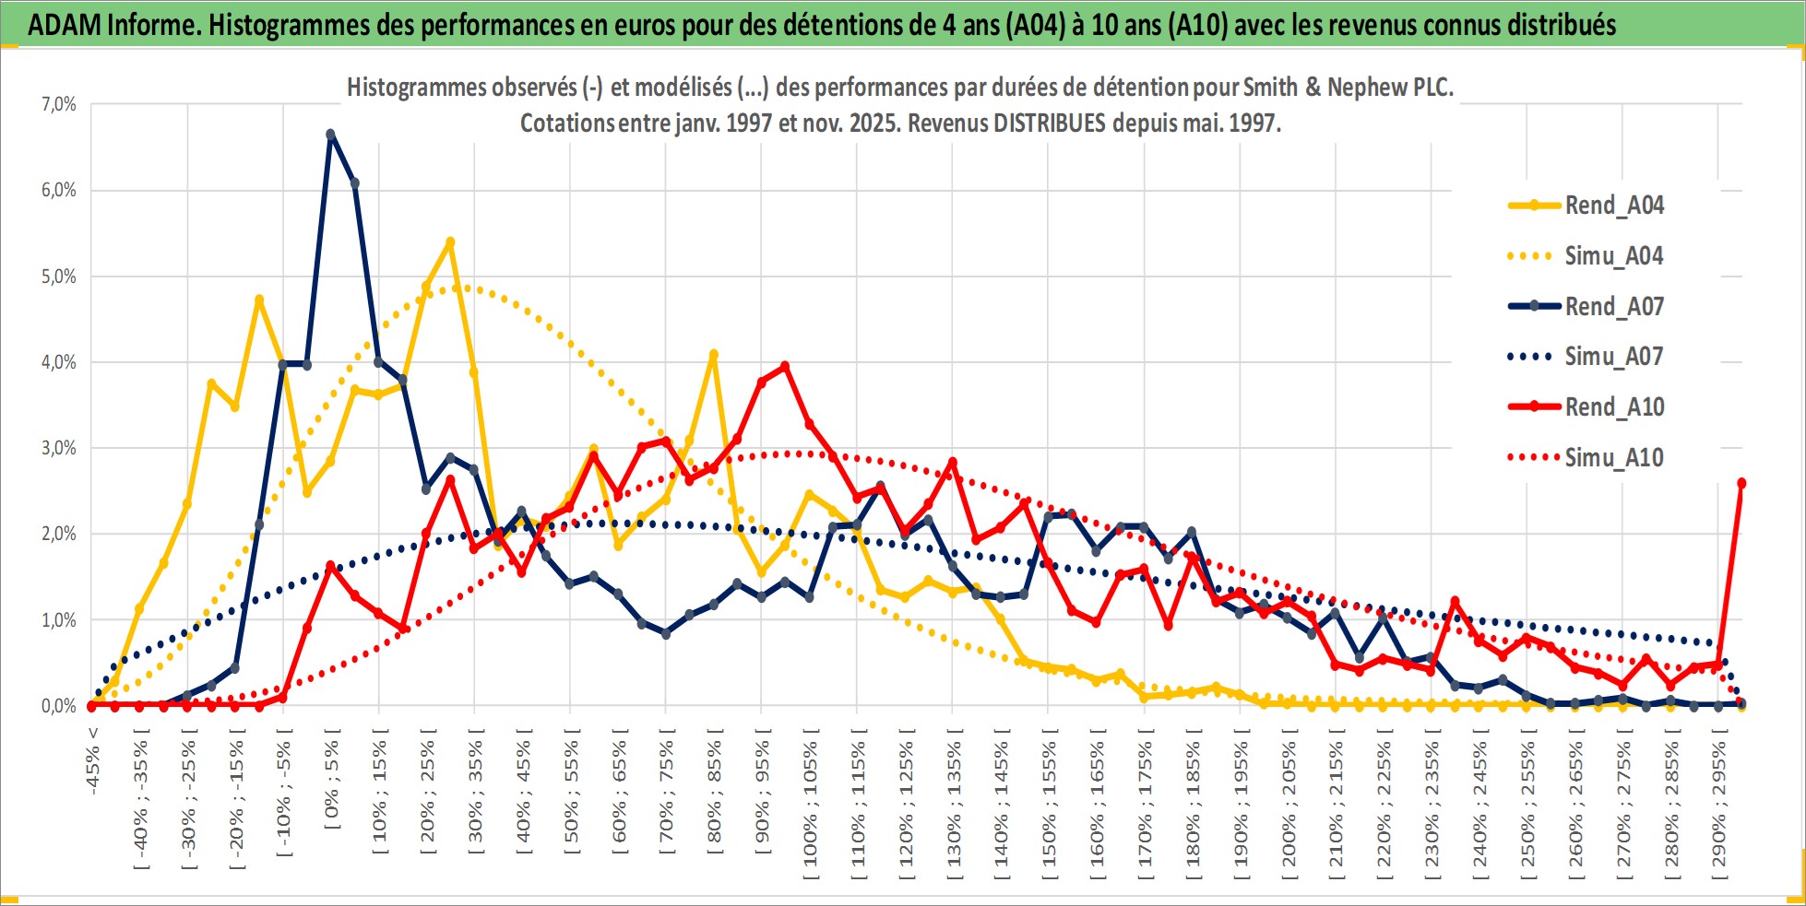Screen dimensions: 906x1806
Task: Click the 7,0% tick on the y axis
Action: click(x=58, y=105)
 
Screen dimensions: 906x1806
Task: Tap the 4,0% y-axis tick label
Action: click(x=58, y=362)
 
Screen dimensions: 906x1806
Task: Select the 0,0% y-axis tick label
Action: click(x=58, y=706)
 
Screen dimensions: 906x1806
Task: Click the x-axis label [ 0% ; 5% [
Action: click(x=333, y=784)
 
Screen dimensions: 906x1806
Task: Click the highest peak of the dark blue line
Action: click(x=330, y=135)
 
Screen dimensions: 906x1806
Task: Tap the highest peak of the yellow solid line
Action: click(x=450, y=242)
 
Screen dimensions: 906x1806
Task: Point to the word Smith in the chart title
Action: click(x=1268, y=88)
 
